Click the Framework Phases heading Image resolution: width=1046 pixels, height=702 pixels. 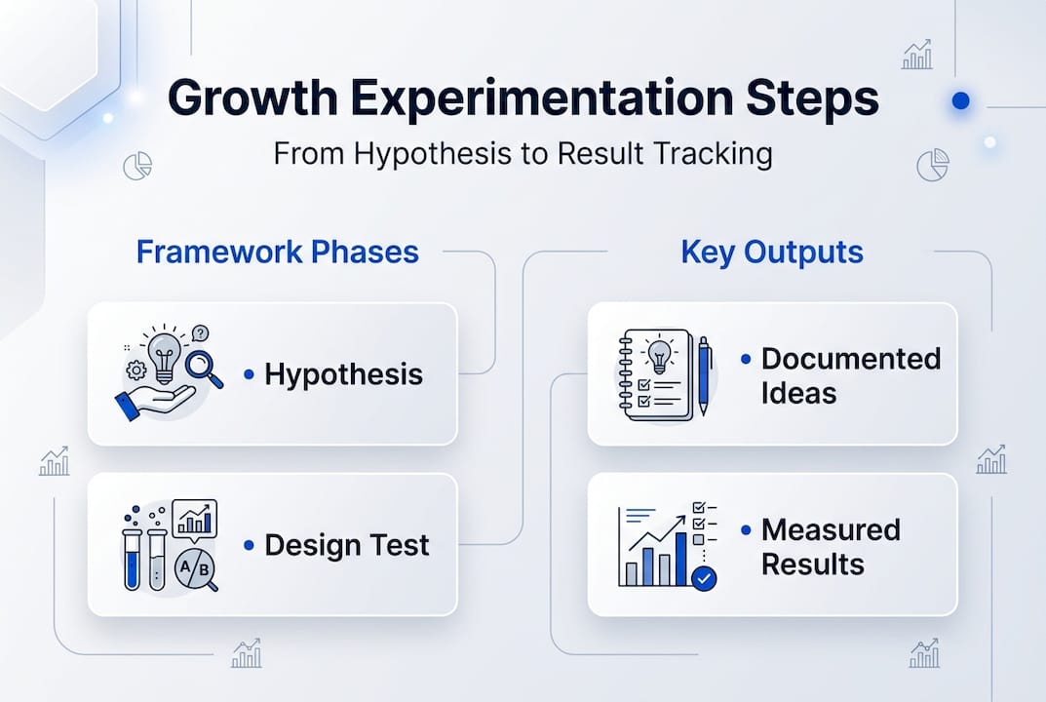tap(277, 252)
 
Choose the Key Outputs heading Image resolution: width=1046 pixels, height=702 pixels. tap(771, 252)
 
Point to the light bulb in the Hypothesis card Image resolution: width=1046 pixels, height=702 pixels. tap(163, 353)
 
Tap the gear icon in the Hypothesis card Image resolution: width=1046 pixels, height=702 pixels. tap(136, 370)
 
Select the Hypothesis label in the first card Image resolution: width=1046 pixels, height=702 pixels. tap(343, 374)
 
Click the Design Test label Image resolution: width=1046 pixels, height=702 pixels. tap(346, 545)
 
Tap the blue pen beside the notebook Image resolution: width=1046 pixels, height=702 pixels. tap(704, 375)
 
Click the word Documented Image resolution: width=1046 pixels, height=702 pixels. tap(850, 358)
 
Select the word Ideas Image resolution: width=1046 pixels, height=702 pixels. tap(798, 393)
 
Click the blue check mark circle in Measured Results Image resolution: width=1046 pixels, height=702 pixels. tap(703, 579)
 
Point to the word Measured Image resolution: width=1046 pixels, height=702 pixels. tap(831, 529)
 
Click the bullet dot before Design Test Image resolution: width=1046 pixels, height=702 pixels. tap(249, 545)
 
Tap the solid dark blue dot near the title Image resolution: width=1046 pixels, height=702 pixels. tap(960, 100)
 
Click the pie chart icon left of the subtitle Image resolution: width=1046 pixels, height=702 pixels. tap(137, 167)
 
